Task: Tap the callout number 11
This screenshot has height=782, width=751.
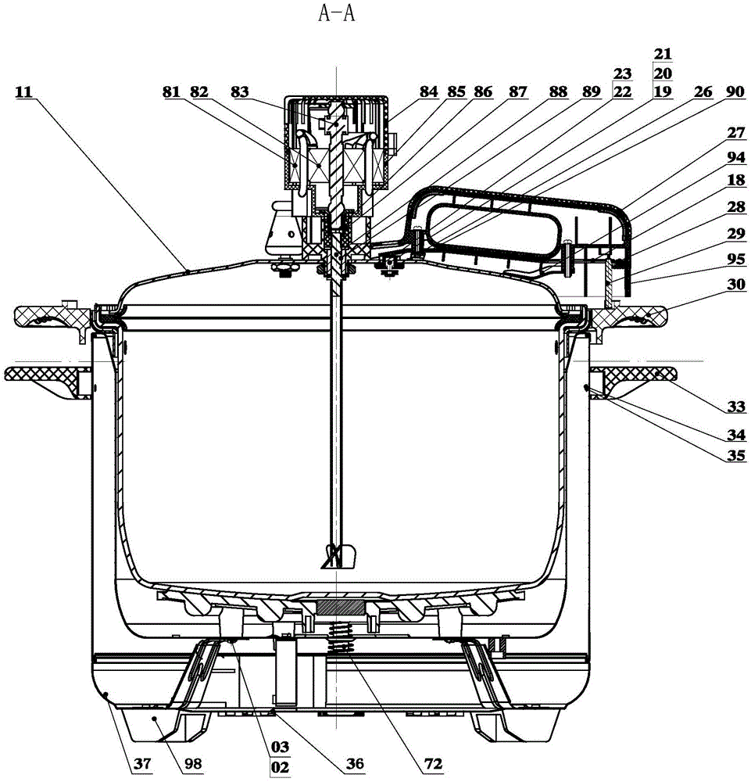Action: tap(24, 91)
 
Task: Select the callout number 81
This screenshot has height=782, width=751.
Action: tap(171, 91)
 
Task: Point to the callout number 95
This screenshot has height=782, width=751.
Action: tap(735, 259)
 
